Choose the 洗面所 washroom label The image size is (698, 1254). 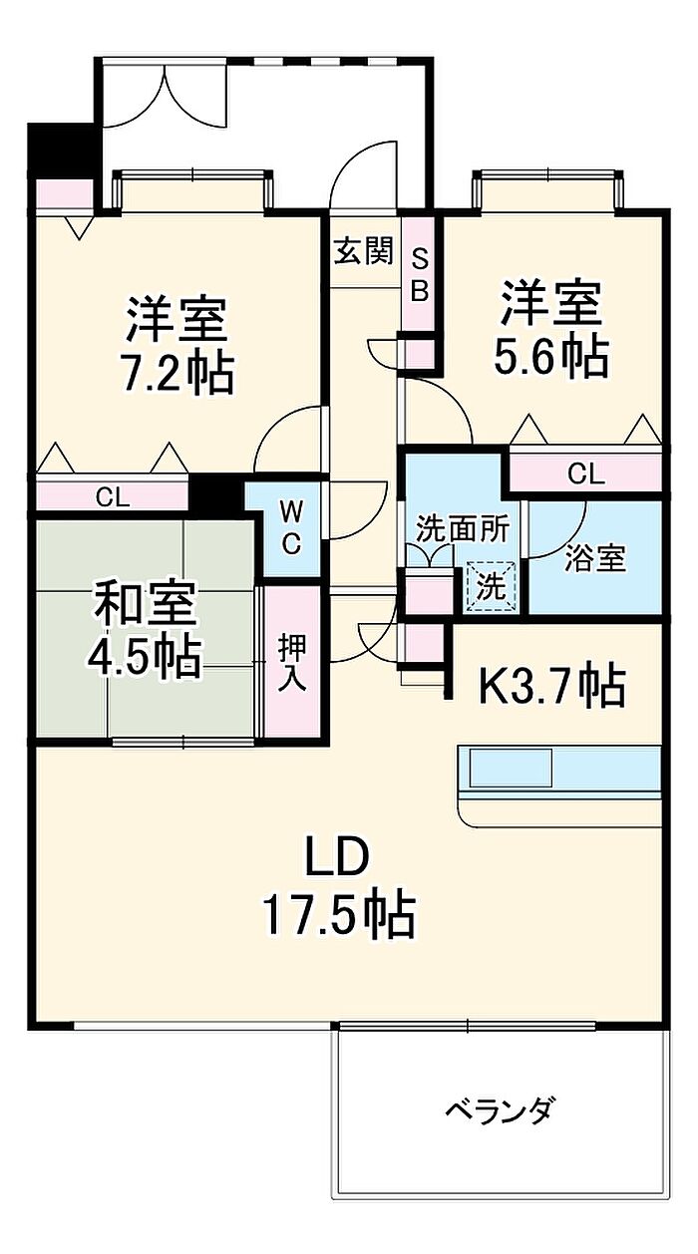[x=463, y=529]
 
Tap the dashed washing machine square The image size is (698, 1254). [x=492, y=586]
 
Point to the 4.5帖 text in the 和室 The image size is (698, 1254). [x=144, y=657]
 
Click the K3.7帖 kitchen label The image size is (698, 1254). [x=551, y=685]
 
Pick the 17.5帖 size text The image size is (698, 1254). [x=339, y=916]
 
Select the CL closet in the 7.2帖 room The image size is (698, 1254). [x=112, y=494]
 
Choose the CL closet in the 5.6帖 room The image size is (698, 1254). [x=586, y=473]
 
